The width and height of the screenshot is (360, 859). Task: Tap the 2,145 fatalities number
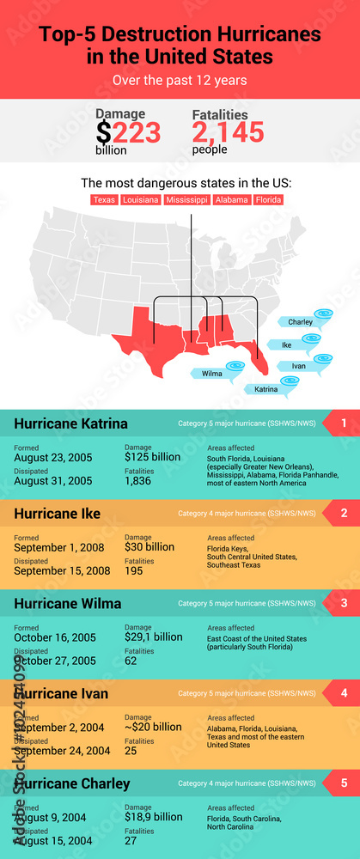pos(228,132)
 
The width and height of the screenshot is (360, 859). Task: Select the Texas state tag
pos(104,199)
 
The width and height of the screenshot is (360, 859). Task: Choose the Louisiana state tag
pos(140,199)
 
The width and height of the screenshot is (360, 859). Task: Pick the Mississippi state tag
pos(186,199)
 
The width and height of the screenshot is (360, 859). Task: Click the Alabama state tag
pos(231,199)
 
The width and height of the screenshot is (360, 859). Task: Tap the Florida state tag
pos(268,199)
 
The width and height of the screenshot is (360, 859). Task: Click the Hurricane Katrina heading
pos(70,423)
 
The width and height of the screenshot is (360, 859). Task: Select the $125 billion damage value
pos(152,457)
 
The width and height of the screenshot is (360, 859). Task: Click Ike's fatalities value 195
pos(135,571)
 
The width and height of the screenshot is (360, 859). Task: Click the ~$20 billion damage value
pos(153,727)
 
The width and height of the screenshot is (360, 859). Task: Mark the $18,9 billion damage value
pos(153,817)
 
